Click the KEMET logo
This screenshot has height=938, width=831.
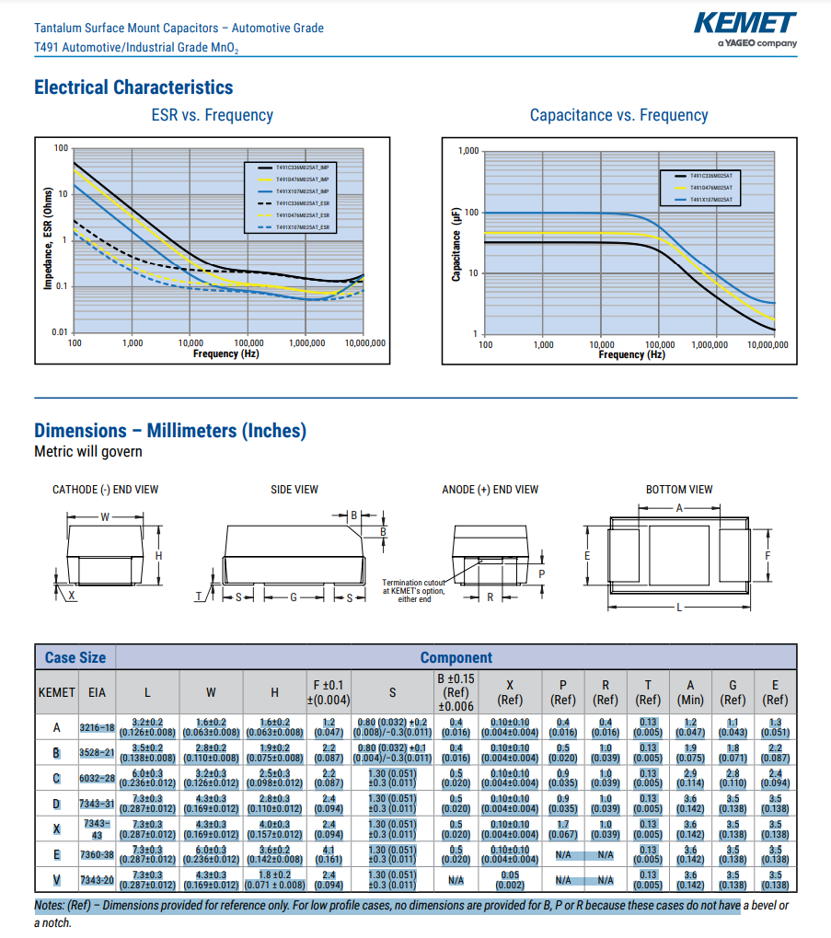pos(745,23)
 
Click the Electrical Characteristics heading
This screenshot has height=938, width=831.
pos(133,87)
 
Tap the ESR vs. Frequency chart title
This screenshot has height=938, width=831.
pos(212,115)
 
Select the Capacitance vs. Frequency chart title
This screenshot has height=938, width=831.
pos(618,115)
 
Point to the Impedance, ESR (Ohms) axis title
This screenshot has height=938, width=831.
pos(48,239)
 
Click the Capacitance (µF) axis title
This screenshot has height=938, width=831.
pos(456,243)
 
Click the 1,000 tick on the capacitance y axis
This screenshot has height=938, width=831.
pos(468,151)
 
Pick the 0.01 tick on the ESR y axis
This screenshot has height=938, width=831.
pos(60,331)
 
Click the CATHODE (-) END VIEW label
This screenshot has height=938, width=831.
pos(105,490)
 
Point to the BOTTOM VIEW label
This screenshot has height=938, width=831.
pos(679,490)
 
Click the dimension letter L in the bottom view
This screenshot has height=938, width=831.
pos(679,608)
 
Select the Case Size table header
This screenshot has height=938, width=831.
pos(75,657)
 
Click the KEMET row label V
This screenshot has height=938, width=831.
pos(55,880)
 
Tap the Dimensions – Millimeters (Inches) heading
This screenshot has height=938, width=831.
pos(170,431)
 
